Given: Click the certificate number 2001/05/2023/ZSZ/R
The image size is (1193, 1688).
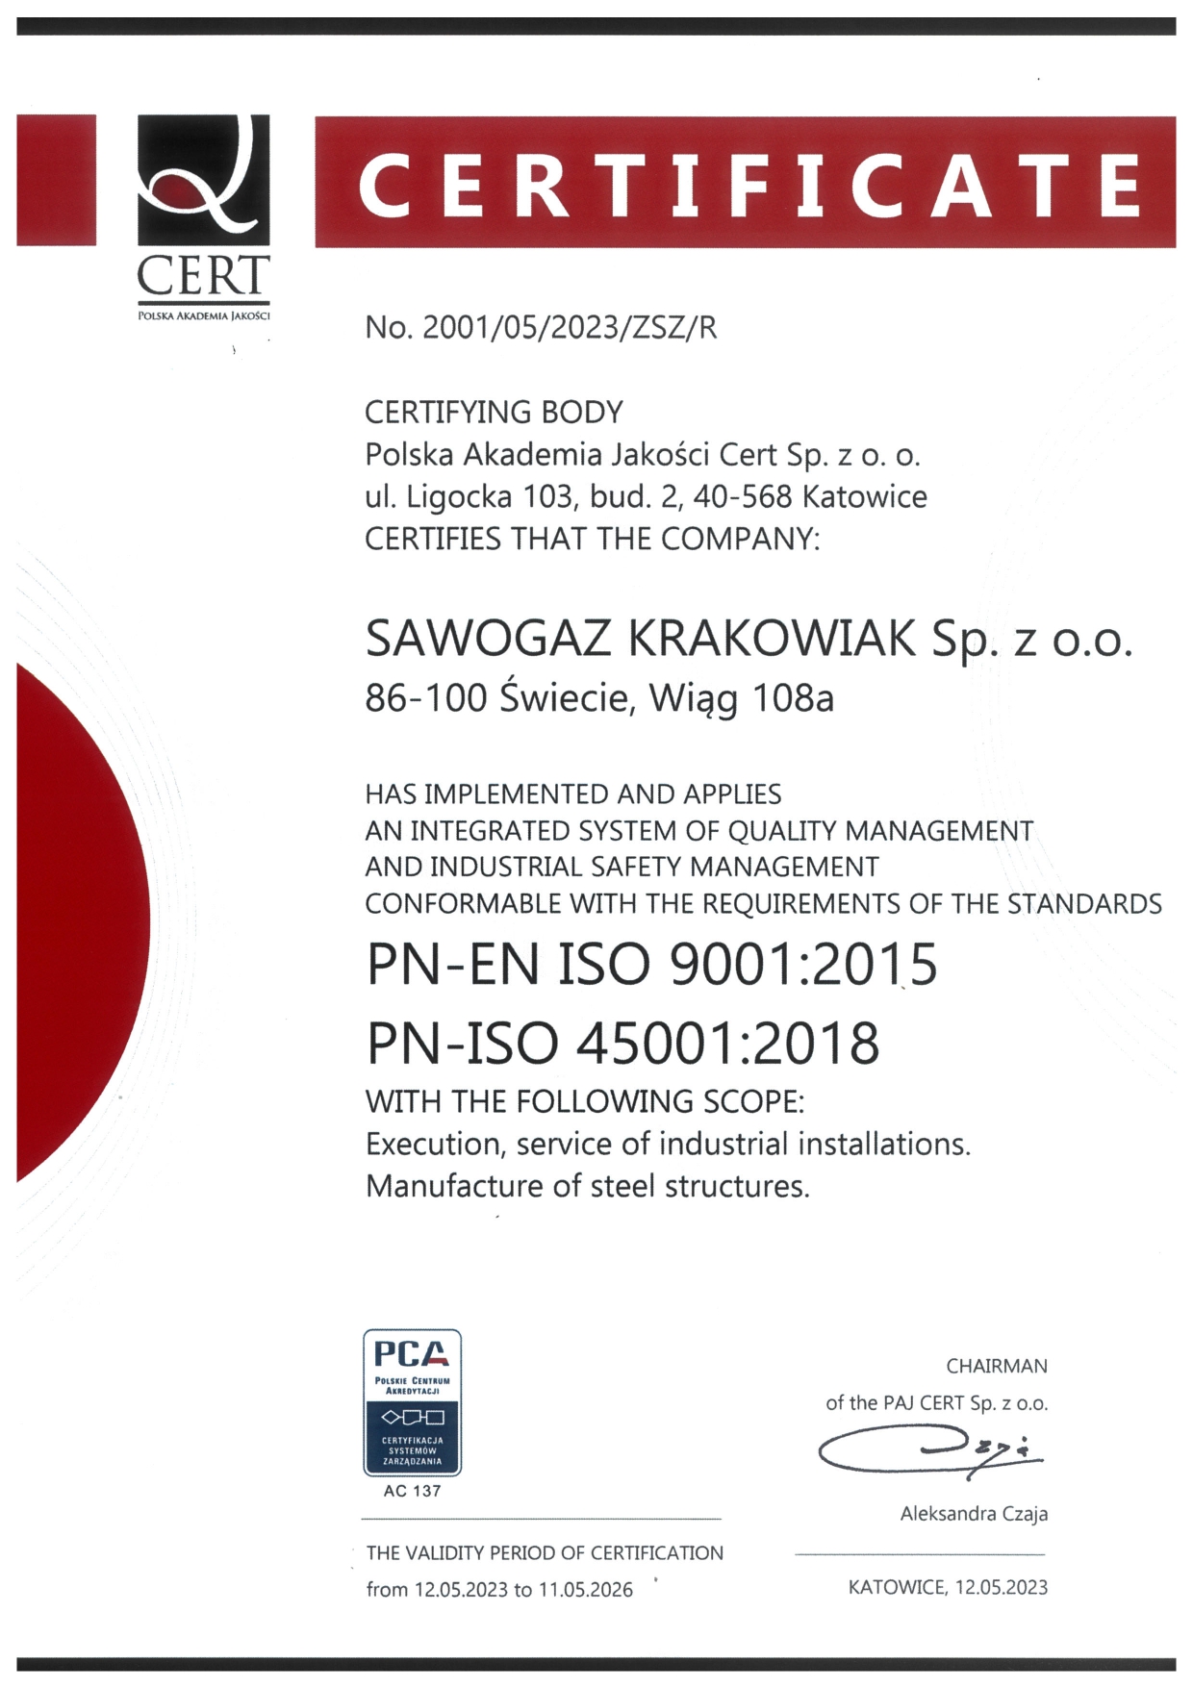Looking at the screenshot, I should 570,328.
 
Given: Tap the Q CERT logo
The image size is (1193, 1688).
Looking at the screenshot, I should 203,217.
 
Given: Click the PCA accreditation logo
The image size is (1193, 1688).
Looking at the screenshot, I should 412,1402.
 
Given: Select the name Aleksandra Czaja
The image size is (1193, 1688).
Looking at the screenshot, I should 974,1514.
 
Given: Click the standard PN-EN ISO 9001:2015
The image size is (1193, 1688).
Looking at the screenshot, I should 651,965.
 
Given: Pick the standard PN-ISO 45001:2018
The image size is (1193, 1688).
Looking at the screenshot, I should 622,1044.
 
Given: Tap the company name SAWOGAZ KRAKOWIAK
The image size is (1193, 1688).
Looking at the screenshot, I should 641,639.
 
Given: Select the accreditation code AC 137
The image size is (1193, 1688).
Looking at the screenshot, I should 412,1491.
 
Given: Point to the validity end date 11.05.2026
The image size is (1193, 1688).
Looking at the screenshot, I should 585,1590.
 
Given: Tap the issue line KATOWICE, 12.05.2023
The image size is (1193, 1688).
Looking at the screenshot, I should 948,1587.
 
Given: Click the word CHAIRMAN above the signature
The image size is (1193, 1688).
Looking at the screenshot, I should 997,1366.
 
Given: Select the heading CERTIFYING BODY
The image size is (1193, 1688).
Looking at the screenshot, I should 494,413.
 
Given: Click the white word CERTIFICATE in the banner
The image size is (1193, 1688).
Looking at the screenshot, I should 749,185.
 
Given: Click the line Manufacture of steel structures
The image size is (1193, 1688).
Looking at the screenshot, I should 588,1186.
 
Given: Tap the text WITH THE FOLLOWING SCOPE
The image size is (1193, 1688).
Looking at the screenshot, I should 584,1101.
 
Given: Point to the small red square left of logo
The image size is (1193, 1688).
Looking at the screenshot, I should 56,180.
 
